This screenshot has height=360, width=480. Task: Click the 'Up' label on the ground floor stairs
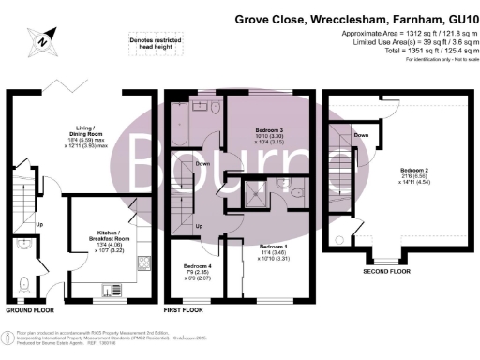point(39,225)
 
